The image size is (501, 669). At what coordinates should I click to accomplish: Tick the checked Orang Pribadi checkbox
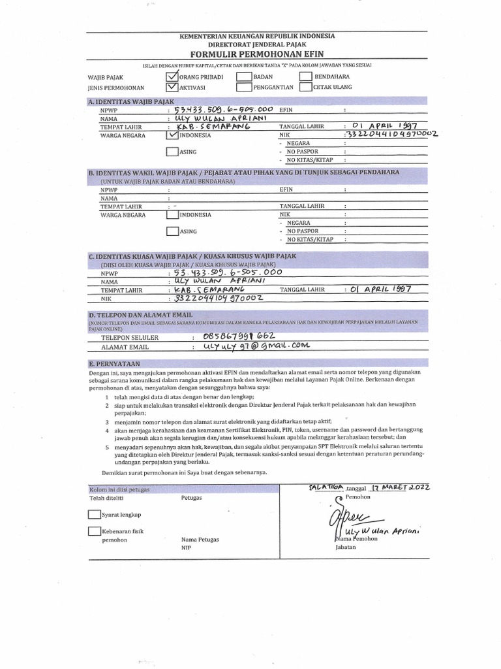coord(172,76)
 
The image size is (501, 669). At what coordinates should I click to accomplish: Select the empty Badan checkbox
coord(243,76)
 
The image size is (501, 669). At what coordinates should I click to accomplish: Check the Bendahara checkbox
coord(305,76)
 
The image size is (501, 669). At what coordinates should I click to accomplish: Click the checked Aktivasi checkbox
coord(172,86)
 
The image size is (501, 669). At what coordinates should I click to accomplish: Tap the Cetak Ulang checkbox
coord(305,86)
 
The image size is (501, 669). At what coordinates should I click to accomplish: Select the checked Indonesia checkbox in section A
coord(172,136)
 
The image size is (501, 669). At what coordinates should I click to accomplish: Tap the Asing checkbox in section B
coord(172,231)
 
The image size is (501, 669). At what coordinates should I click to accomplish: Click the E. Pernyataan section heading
coord(115,363)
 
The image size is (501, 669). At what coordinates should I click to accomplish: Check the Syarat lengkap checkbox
coord(94,515)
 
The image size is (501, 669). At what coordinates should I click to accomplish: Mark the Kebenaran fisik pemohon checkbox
coord(94,531)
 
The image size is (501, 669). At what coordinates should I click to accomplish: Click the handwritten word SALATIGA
coord(326,487)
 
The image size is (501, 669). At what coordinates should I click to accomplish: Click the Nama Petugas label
coord(200,540)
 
